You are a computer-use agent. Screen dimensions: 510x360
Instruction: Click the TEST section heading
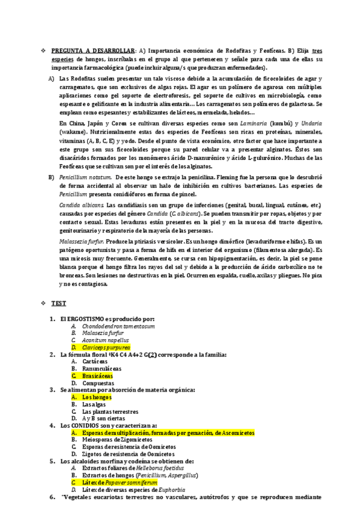tap(59, 303)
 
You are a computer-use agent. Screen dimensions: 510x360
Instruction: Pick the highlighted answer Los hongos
tap(97, 397)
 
